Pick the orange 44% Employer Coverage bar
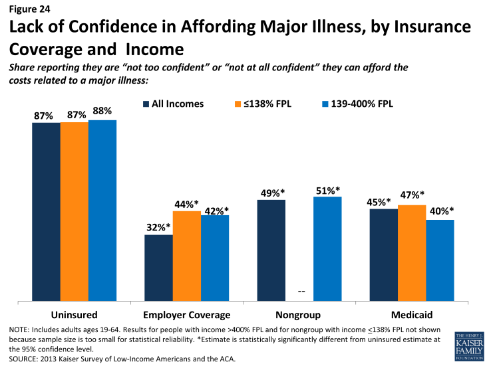(186, 256)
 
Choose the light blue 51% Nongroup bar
(327, 248)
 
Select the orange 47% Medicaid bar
(412, 253)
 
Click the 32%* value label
(158, 227)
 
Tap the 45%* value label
(383, 201)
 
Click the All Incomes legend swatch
(145, 104)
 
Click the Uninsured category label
(74, 314)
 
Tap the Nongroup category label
(299, 314)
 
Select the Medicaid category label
(411, 314)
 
